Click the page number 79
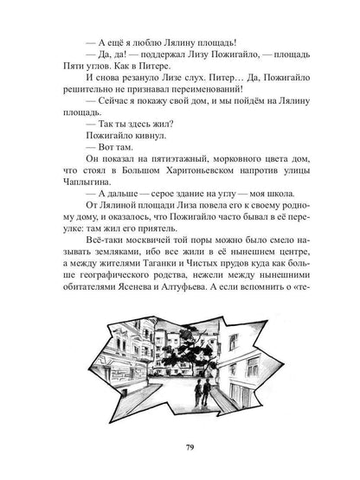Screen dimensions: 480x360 pyautogui.click(x=179, y=446)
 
